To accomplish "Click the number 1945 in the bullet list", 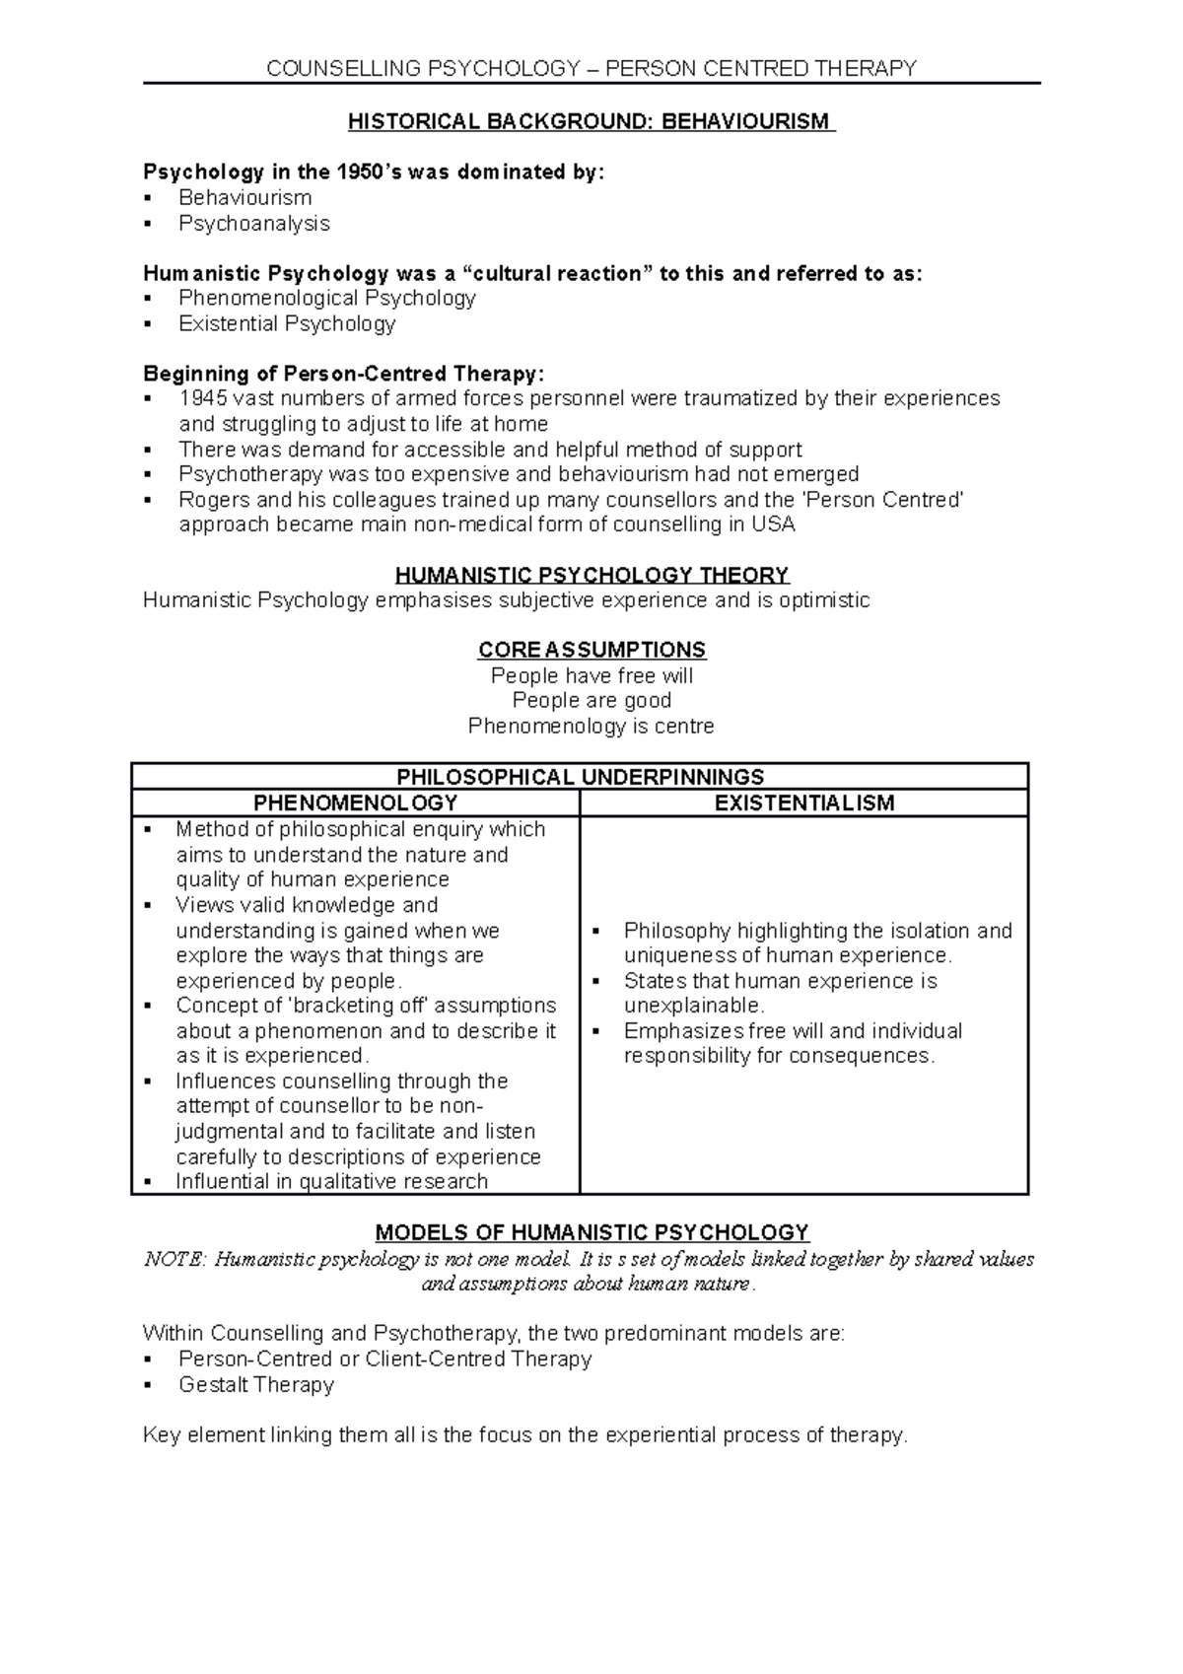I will (201, 399).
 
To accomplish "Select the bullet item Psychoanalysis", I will (253, 224).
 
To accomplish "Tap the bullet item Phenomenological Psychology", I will (326, 299).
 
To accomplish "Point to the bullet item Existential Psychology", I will (286, 324).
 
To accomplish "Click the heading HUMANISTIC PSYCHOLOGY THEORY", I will (591, 576).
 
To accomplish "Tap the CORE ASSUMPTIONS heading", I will (591, 651).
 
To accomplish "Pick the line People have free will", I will (591, 676).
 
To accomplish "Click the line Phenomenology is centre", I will (591, 727).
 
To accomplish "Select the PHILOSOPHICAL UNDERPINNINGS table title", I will (580, 777).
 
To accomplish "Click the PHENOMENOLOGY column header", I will (355, 802).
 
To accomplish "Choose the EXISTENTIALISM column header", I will (803, 802).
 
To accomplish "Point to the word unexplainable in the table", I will (693, 1007).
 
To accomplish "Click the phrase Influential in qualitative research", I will (331, 1182).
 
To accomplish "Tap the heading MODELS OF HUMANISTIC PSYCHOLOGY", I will (591, 1233).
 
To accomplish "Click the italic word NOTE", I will (174, 1260).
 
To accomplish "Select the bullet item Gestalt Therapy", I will (255, 1385).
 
